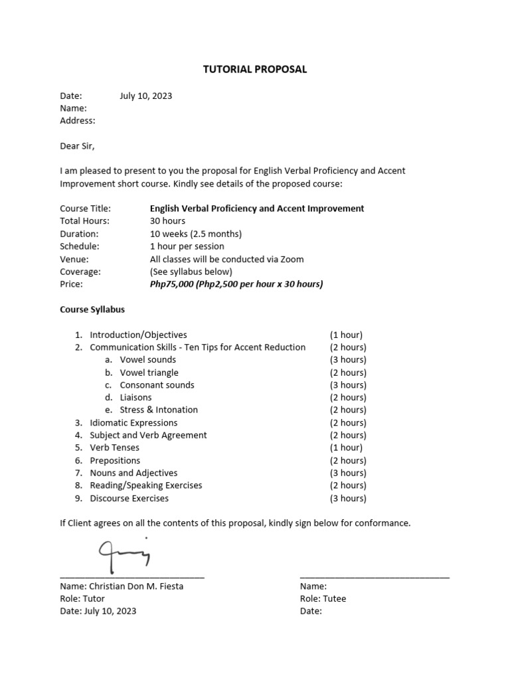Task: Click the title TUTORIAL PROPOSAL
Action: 255,69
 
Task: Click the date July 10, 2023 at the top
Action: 145,96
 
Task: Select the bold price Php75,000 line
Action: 236,284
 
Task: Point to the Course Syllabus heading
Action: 92,309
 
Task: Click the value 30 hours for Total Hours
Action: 167,220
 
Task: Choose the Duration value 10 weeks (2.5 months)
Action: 196,234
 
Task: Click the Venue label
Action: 74,259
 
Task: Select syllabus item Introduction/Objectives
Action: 138,335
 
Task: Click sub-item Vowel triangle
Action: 149,373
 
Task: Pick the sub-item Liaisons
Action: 135,397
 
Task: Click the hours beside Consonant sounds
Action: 348,385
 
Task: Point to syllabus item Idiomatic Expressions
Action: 133,422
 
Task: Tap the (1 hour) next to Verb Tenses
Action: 346,448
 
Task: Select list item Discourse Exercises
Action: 129,498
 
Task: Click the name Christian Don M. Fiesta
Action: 122,586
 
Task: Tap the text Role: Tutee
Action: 323,598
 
